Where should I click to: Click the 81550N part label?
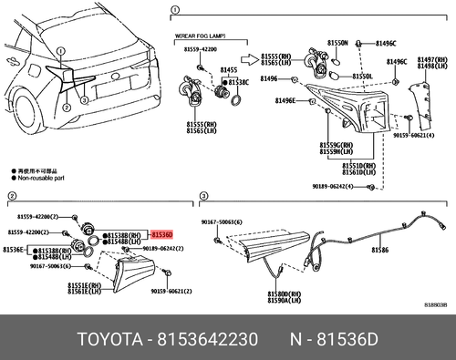point(337,43)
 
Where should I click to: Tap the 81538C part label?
point(238,81)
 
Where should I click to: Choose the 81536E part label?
point(15,249)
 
